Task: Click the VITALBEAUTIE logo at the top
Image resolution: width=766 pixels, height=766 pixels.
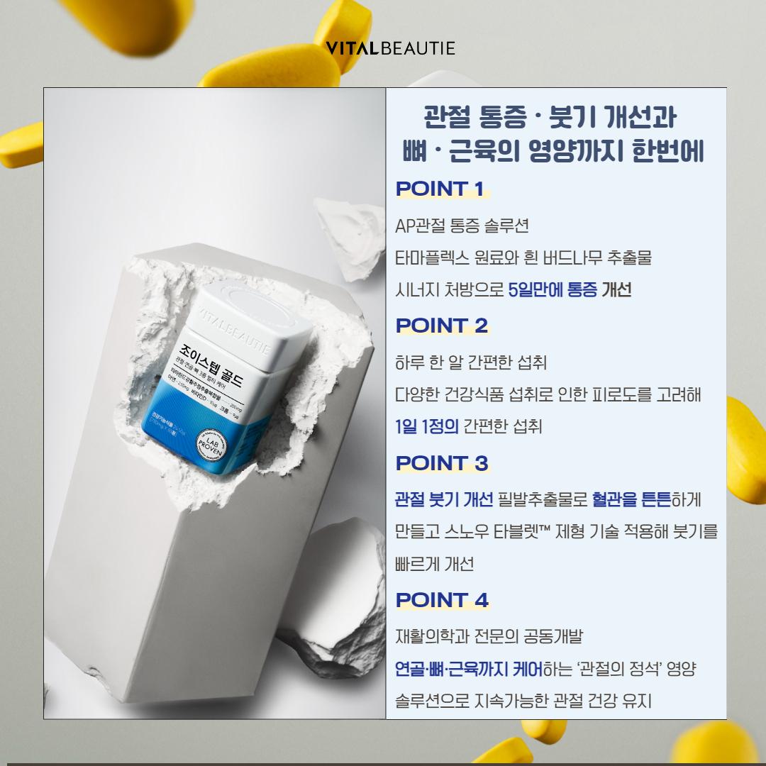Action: click(390, 48)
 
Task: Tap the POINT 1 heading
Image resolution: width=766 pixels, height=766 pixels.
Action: click(440, 189)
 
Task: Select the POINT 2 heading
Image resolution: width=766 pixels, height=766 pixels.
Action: click(442, 326)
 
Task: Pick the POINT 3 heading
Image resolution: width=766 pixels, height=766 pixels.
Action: click(442, 463)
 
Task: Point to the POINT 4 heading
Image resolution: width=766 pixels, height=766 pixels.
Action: click(442, 600)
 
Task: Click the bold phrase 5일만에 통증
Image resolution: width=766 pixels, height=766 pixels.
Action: click(553, 290)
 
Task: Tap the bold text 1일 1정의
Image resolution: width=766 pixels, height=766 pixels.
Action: click(427, 427)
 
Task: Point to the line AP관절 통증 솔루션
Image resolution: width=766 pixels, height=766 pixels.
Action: click(462, 226)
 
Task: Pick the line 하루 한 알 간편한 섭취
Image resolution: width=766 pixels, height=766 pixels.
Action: click(470, 363)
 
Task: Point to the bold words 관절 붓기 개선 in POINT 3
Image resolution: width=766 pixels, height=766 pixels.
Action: click(443, 500)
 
